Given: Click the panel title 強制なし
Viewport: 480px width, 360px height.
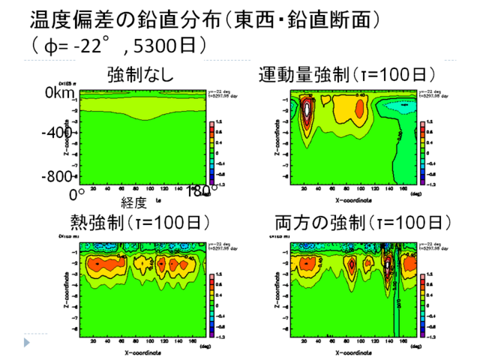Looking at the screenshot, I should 140,75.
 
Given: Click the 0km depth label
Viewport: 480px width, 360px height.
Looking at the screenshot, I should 61,93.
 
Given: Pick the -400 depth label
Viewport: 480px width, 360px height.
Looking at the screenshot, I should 56,133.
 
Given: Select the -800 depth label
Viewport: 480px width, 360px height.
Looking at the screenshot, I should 56,177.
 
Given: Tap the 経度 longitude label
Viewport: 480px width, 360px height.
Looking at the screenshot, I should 136,202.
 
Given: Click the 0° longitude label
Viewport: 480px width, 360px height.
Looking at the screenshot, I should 76,194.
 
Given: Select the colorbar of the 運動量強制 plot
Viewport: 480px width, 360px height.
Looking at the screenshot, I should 424,150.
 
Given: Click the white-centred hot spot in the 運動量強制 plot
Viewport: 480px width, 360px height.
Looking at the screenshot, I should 307,109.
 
